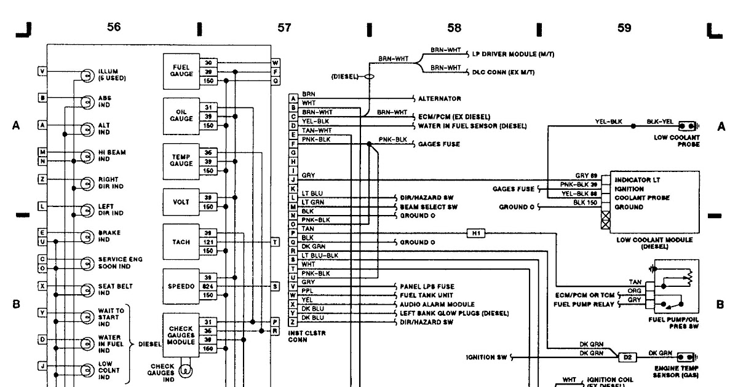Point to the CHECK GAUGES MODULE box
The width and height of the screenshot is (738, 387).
coord(181,334)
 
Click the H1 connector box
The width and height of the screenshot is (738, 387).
coord(476,233)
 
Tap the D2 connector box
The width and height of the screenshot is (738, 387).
coord(627,357)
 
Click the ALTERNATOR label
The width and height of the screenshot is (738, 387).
coord(439,98)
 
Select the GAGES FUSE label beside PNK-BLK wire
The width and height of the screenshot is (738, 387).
coord(439,144)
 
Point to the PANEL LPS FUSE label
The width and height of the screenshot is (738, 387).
coord(427,286)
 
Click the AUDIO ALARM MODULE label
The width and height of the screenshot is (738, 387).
coord(437,304)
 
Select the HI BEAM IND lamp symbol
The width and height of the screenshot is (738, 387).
coord(87,155)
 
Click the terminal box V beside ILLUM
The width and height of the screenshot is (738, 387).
coord(42,71)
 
